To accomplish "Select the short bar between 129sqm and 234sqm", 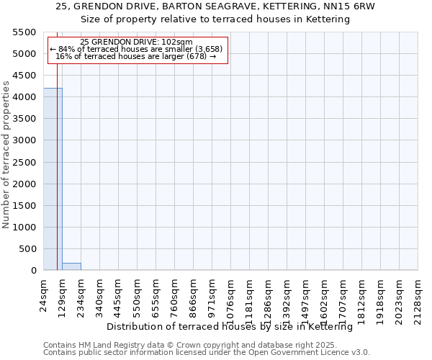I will [x=71, y=266].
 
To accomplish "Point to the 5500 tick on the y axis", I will [x=23, y=32].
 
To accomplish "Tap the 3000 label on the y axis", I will [x=23, y=140].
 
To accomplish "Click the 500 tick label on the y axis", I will [x=27, y=249].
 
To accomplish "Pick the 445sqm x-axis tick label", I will [x=118, y=296].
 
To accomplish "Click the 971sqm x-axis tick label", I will [x=212, y=296].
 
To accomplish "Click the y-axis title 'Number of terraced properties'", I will [x=7, y=155].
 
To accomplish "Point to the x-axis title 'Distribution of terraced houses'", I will [x=229, y=326].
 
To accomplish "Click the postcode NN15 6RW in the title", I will [x=354, y=6].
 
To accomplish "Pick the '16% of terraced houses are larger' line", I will [x=136, y=56].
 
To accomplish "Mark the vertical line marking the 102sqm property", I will [x=57, y=180].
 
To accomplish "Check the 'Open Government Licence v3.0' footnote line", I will [x=207, y=352].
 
